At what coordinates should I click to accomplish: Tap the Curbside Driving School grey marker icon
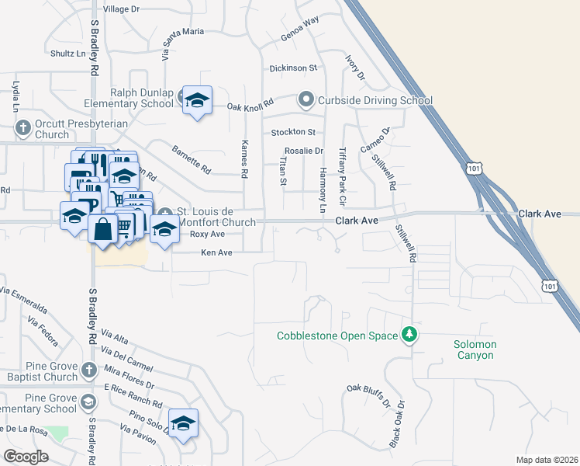click(x=306, y=99)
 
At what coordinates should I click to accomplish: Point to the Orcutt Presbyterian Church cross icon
click(x=22, y=126)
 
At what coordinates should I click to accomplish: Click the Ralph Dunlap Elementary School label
click(x=141, y=97)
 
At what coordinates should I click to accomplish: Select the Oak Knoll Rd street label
click(x=251, y=106)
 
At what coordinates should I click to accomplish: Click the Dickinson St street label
click(x=293, y=68)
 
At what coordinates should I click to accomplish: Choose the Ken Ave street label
click(x=216, y=252)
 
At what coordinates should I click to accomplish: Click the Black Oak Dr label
click(x=398, y=424)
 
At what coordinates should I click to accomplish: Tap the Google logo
click(x=26, y=457)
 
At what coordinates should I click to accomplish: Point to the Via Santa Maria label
click(x=181, y=43)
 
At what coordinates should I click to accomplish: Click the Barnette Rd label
click(x=191, y=158)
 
